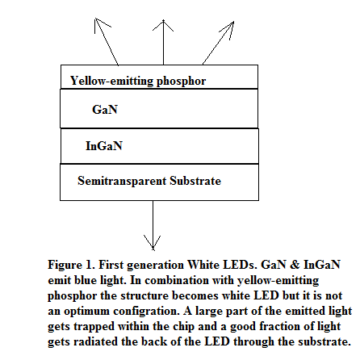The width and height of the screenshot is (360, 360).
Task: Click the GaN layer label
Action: pyautogui.click(x=105, y=110)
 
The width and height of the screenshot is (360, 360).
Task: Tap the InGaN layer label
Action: pyautogui.click(x=104, y=146)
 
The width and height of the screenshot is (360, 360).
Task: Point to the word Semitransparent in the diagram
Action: pyautogui.click(x=122, y=181)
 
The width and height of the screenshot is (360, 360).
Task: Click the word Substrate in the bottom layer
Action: pyautogui.click(x=195, y=181)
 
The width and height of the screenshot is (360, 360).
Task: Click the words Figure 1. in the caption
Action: pyautogui.click(x=72, y=266)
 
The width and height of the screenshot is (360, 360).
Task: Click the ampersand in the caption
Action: pyautogui.click(x=295, y=265)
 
